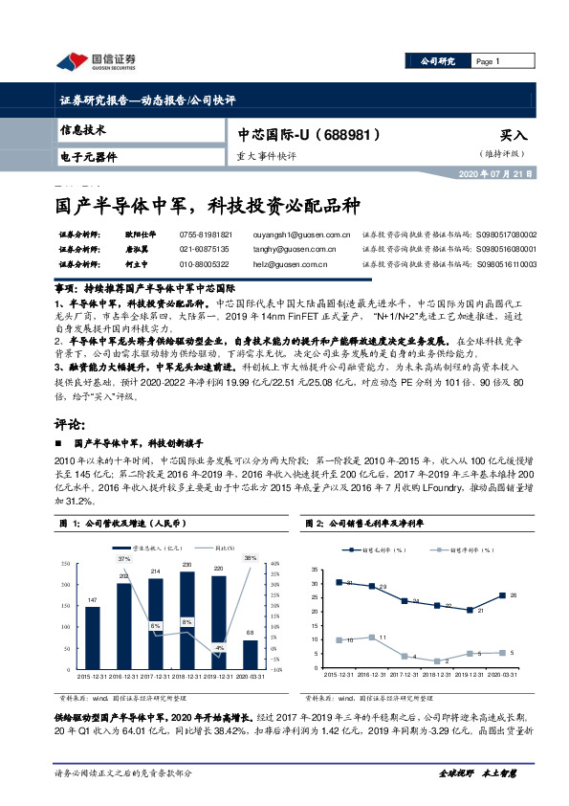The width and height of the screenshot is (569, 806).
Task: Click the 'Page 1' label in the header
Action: tap(488, 62)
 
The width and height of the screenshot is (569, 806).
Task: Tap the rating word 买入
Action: tap(514, 137)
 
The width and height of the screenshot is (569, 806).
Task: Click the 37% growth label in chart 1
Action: tap(123, 557)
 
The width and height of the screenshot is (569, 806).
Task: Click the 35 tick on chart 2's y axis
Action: tap(316, 570)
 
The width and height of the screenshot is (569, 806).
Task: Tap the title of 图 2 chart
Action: tap(365, 524)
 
